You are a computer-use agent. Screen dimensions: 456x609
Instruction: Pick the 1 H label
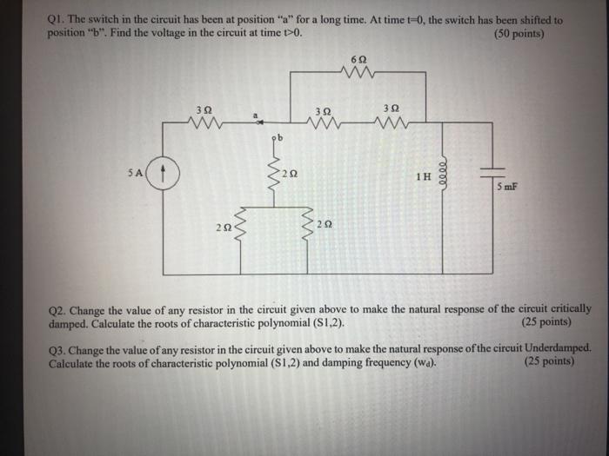coord(424,177)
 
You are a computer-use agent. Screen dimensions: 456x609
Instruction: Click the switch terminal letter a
coord(256,114)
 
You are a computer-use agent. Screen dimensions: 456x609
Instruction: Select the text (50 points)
coord(519,34)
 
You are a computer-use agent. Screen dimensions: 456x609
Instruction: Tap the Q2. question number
coord(60,309)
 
